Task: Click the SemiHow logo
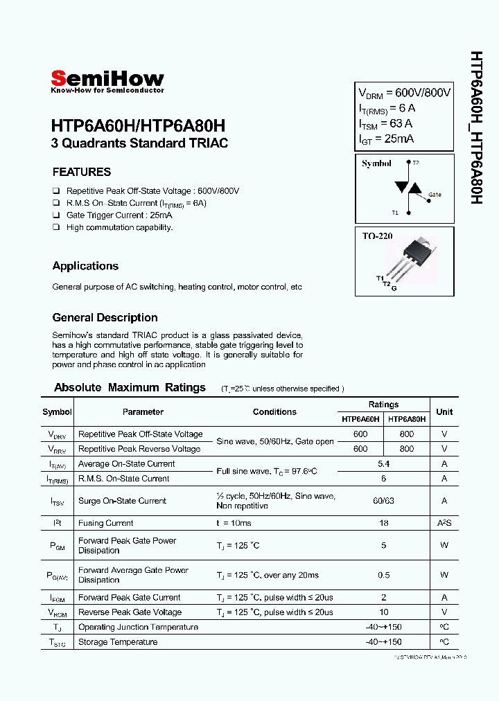(107, 81)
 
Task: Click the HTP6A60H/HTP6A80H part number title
(138, 126)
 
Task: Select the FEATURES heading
(82, 172)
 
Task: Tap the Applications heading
(85, 266)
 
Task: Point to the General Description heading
(105, 318)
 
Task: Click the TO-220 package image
(414, 258)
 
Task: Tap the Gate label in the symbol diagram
(434, 195)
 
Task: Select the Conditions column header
(274, 411)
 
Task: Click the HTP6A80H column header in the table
(407, 419)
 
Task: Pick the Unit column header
(444, 411)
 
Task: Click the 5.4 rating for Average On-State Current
(383, 464)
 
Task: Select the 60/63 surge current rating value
(383, 501)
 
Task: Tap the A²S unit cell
(444, 524)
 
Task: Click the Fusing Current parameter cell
(106, 524)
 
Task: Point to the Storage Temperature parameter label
(118, 642)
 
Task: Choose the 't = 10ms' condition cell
(234, 524)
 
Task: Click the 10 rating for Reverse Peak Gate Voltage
(383, 612)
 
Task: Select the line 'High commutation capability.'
(119, 227)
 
